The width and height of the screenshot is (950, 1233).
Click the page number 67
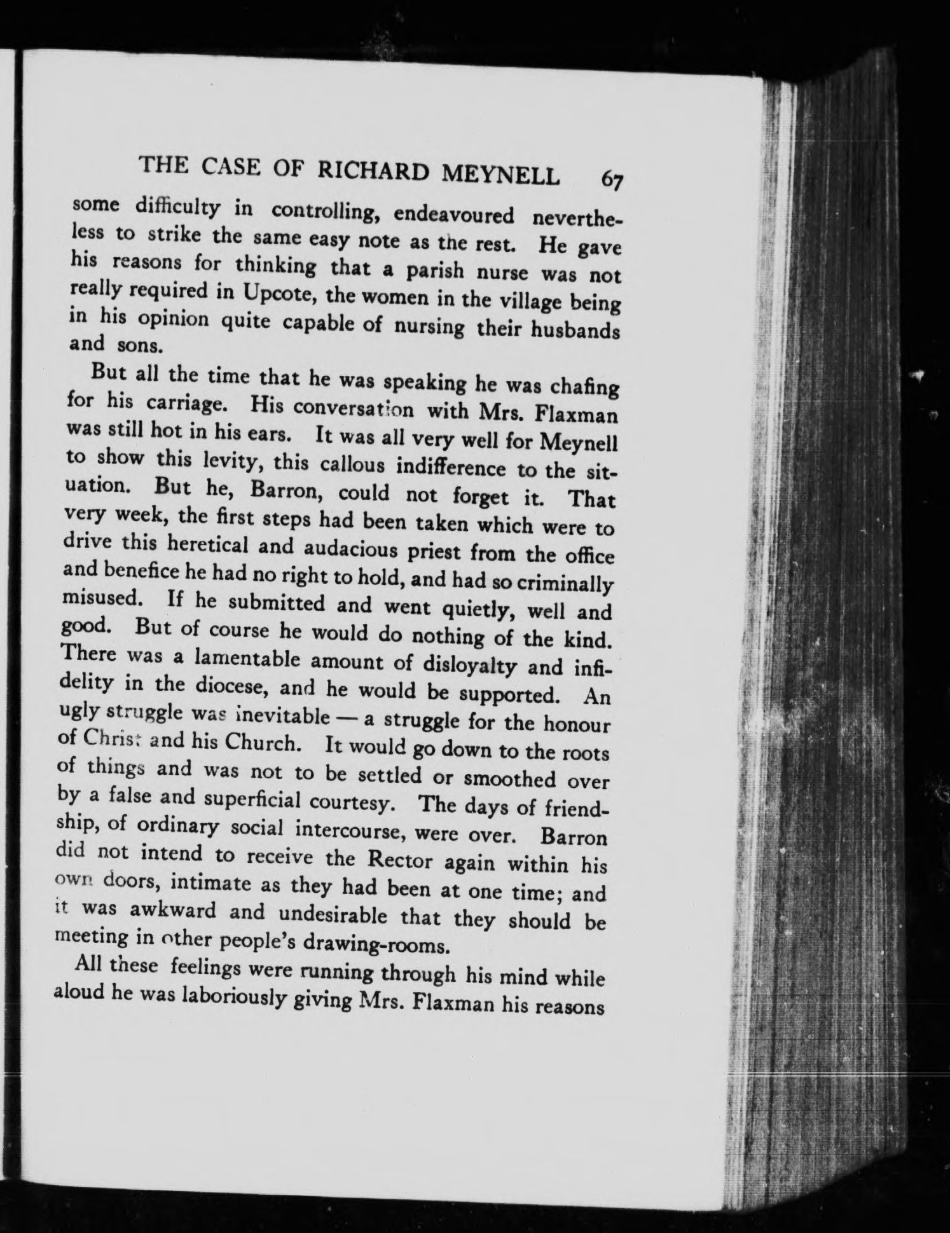[x=612, y=179]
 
